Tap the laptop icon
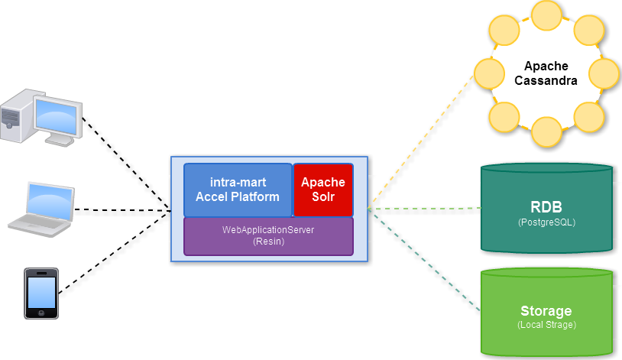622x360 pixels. pos(42,207)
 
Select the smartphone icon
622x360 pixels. pos(41,293)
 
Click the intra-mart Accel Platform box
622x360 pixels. pos(238,190)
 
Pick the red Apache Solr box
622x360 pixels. pos(323,190)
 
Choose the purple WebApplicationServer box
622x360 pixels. pos(268,235)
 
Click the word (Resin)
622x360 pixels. pos(268,242)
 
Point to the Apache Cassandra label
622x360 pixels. pos(546,73)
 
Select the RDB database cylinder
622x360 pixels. pos(546,209)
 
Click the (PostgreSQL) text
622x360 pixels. pos(546,222)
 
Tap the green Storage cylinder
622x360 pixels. pos(546,313)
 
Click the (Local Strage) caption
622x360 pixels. pos(546,325)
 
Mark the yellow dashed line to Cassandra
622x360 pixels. pos(421,141)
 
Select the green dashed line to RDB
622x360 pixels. pos(424,208)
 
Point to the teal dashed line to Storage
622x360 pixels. pos(424,260)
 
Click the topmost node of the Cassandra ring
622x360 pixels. pos(546,15)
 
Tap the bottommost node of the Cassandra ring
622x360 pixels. pos(546,131)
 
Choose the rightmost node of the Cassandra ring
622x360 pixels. pos(604,73)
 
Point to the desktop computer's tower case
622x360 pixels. pos(15,116)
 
